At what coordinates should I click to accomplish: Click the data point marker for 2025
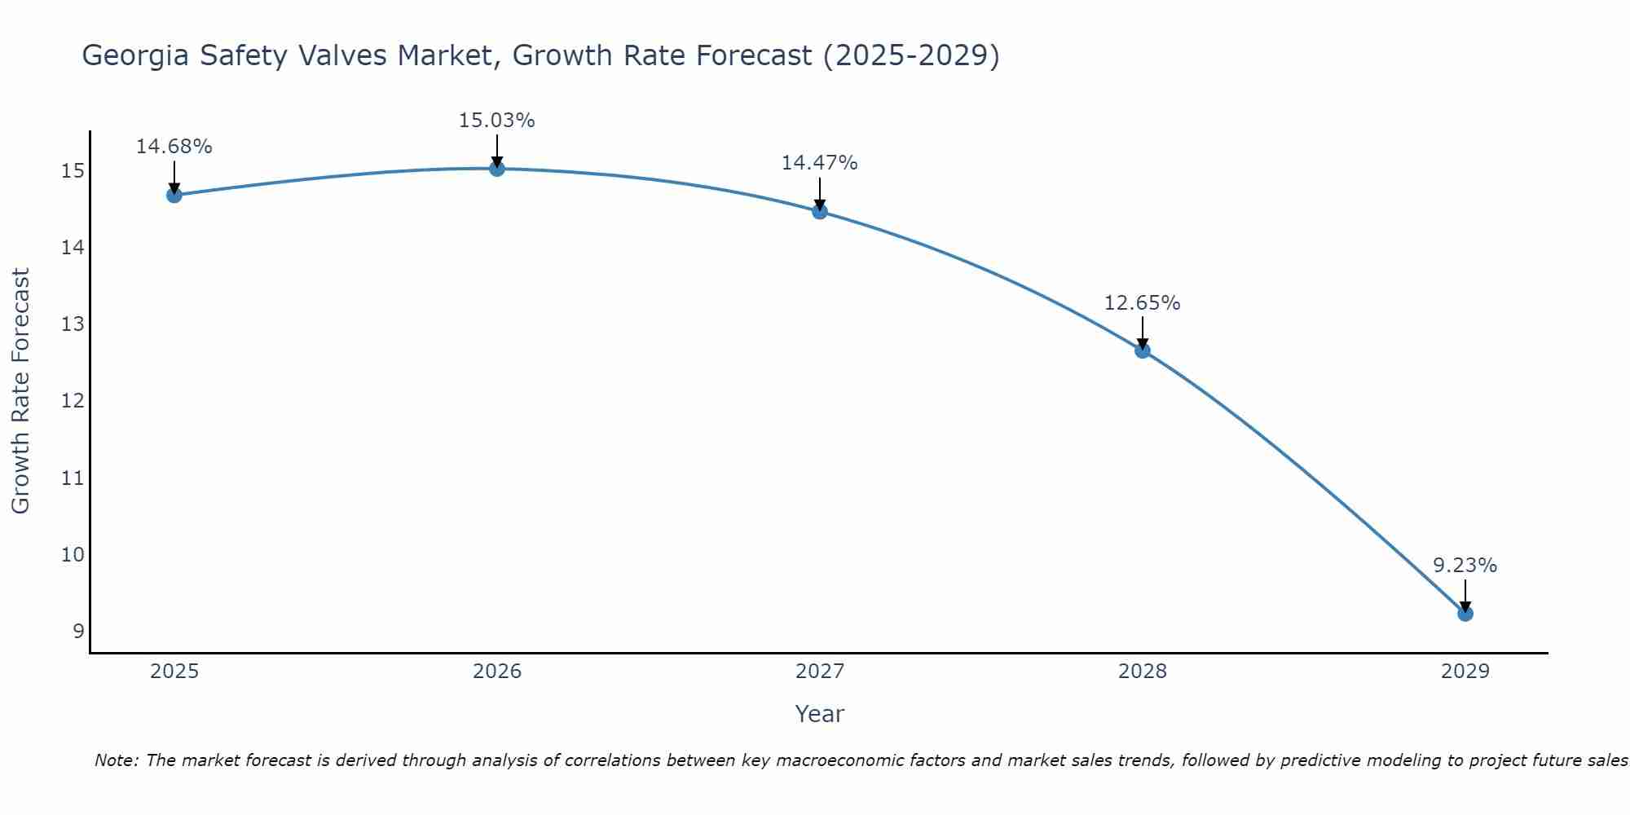(x=174, y=195)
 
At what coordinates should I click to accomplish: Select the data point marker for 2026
(x=497, y=169)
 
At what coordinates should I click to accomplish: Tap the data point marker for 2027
(x=820, y=211)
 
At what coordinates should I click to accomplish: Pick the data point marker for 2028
(x=1143, y=350)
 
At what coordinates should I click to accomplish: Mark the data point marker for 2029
(x=1465, y=613)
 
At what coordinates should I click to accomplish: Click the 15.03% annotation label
(x=497, y=121)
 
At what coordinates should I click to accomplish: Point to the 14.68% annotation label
(x=174, y=147)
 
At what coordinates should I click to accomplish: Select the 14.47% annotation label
(x=820, y=163)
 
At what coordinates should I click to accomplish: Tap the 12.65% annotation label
(x=1143, y=303)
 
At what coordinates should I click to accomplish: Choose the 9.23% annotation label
(x=1465, y=566)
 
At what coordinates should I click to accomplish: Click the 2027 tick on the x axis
(x=820, y=672)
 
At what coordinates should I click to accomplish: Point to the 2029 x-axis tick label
(x=1465, y=672)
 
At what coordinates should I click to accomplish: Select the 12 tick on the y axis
(x=73, y=401)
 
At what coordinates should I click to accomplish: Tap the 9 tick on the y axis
(x=78, y=631)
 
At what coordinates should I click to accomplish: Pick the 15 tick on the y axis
(x=73, y=171)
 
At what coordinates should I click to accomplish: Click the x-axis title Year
(x=820, y=714)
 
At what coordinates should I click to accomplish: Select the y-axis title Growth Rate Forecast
(x=21, y=391)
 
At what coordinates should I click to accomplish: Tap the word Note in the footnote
(x=117, y=760)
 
